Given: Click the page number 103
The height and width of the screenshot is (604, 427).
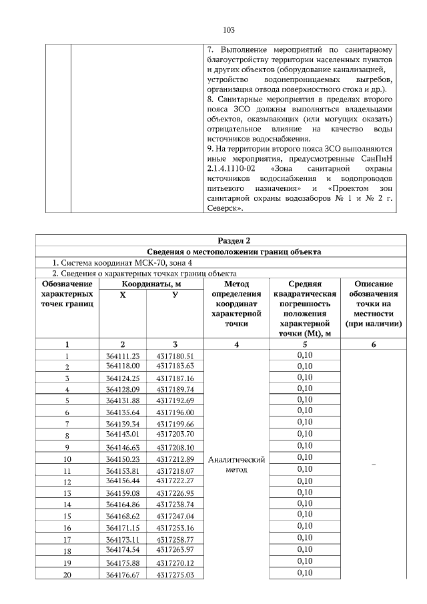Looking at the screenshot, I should click(228, 30).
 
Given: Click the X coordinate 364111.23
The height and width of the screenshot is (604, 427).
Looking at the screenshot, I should click(123, 356).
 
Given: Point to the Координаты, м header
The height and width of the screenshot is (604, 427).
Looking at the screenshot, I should click(148, 284).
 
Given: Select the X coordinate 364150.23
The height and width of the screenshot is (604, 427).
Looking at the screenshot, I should click(123, 459).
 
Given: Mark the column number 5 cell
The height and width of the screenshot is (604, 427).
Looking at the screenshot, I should click(304, 344).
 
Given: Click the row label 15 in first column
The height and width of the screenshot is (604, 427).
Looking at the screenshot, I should click(67, 517).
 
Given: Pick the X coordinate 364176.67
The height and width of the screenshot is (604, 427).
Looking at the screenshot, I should click(123, 574).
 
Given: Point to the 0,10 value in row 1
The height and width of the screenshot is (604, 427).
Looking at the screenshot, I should click(304, 356).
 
